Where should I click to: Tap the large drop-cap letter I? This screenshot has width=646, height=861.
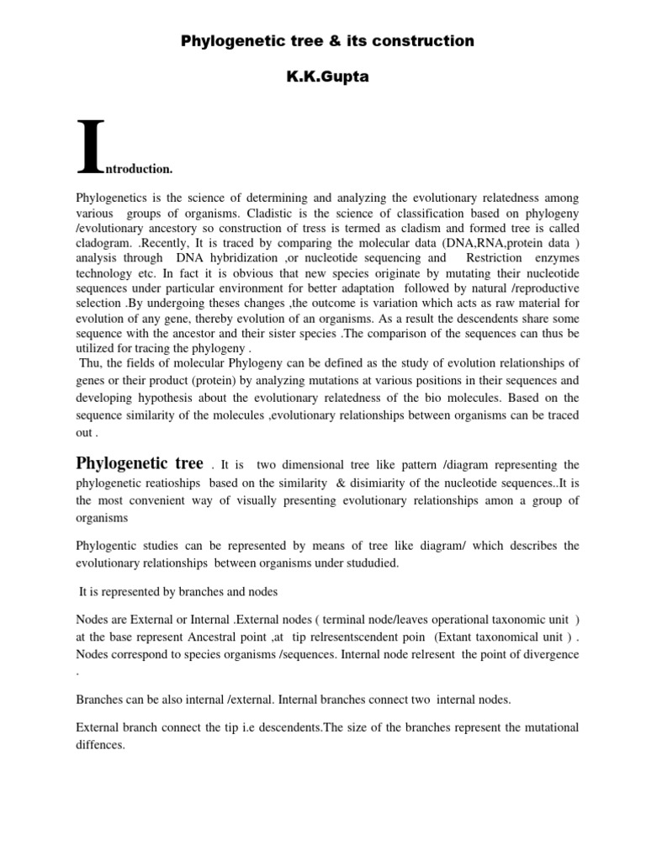[91, 148]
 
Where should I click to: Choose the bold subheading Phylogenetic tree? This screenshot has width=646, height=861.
[140, 463]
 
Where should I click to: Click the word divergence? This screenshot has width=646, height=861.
[542, 654]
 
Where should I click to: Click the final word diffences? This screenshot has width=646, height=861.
[100, 743]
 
